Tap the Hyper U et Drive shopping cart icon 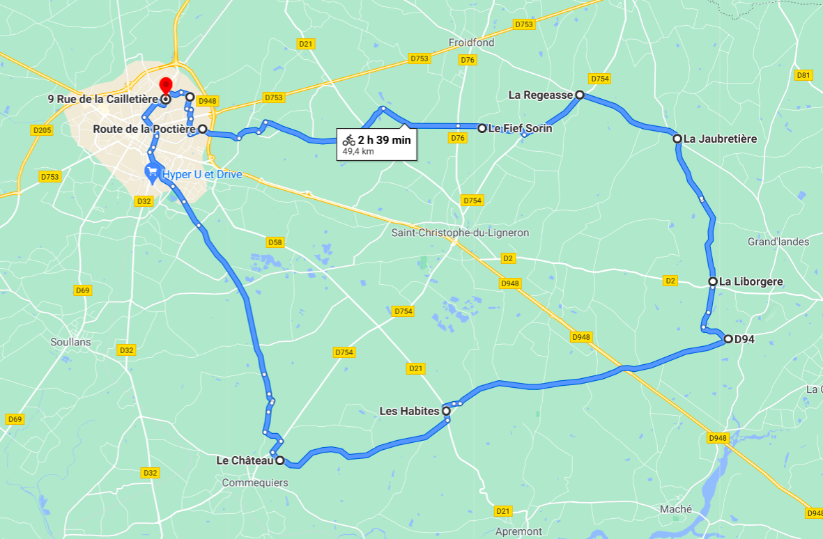(x=151, y=172)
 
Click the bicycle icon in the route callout (x=348, y=140)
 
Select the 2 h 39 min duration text (x=384, y=140)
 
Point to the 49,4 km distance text (x=358, y=150)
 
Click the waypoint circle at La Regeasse (x=579, y=95)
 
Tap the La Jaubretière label (x=720, y=139)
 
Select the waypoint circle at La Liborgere (x=713, y=281)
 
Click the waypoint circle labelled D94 (x=728, y=339)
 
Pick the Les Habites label (x=409, y=411)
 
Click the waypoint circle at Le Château (x=279, y=460)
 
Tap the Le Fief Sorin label (x=520, y=128)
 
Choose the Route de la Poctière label (x=144, y=129)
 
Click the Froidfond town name (x=471, y=42)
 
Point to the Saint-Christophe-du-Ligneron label (x=460, y=233)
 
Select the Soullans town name (x=71, y=342)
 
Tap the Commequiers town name (x=254, y=483)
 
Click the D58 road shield (x=275, y=242)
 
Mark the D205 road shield (x=42, y=130)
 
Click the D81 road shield (x=803, y=75)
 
